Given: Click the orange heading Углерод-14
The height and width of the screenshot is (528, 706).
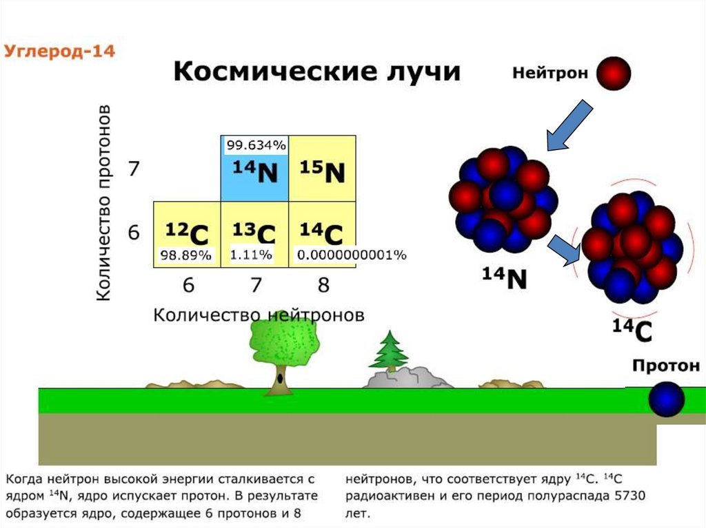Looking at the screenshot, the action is (59, 51).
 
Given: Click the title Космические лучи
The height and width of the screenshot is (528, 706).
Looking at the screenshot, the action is (317, 72).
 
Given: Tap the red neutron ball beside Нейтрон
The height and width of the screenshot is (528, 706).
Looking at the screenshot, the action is (613, 73).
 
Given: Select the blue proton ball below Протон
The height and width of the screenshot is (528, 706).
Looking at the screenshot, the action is (667, 399).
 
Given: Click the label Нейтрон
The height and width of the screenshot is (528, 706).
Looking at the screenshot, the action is (549, 73).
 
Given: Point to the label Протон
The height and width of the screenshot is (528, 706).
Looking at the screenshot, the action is (666, 366).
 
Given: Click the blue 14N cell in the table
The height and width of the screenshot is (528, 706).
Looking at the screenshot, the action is (255, 169).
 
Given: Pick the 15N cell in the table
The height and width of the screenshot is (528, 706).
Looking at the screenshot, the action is (323, 169).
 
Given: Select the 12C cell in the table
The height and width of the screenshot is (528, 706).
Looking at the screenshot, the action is (187, 235).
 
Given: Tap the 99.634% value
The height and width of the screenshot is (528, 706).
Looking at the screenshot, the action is (256, 145).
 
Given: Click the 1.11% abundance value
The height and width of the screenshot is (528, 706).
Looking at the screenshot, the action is (251, 255).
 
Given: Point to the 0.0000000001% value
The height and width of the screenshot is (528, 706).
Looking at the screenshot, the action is (352, 255).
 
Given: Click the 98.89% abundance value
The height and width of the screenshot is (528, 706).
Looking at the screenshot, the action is (186, 255).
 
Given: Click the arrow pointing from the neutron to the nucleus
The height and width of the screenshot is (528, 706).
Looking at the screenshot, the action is (569, 125).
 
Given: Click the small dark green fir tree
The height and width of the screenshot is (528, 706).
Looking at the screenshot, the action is (389, 352).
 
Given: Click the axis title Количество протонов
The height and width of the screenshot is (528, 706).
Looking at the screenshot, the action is (103, 203).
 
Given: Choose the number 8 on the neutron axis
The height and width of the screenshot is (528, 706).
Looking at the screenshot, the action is (323, 285).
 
